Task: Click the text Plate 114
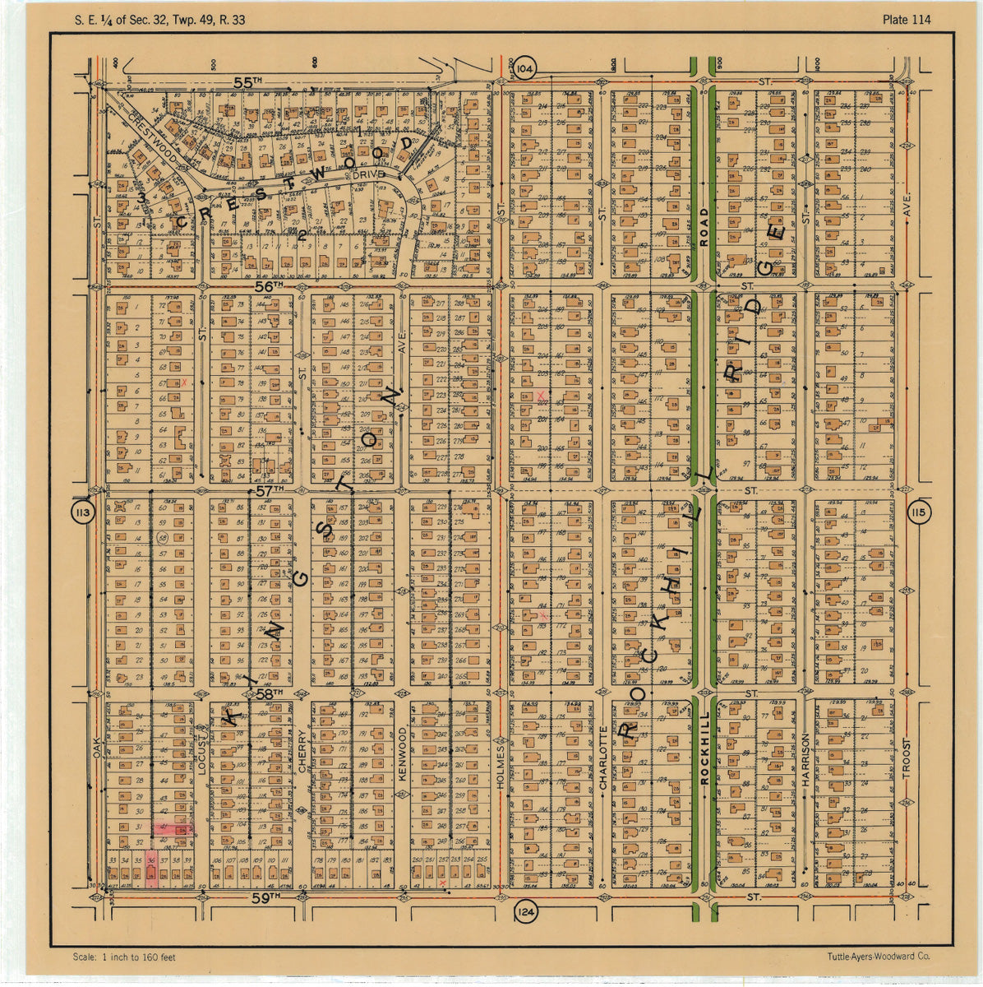coord(907,20)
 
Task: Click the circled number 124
coord(526,911)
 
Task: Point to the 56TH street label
coord(268,285)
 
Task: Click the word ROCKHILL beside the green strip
coord(704,750)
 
